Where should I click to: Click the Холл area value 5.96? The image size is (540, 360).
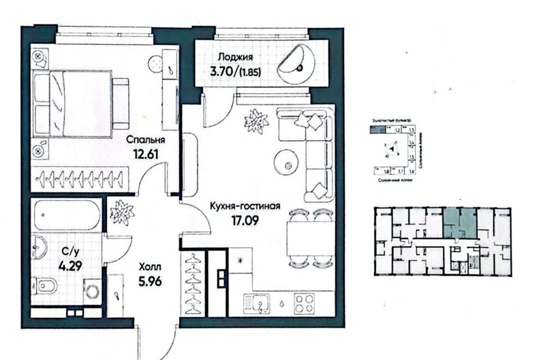151,281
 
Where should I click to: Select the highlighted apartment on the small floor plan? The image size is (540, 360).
458,222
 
